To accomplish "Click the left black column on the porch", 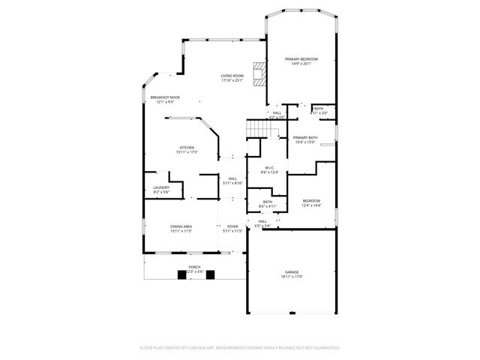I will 181,274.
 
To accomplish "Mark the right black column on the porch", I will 210,274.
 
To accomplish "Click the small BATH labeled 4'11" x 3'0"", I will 318,109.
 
